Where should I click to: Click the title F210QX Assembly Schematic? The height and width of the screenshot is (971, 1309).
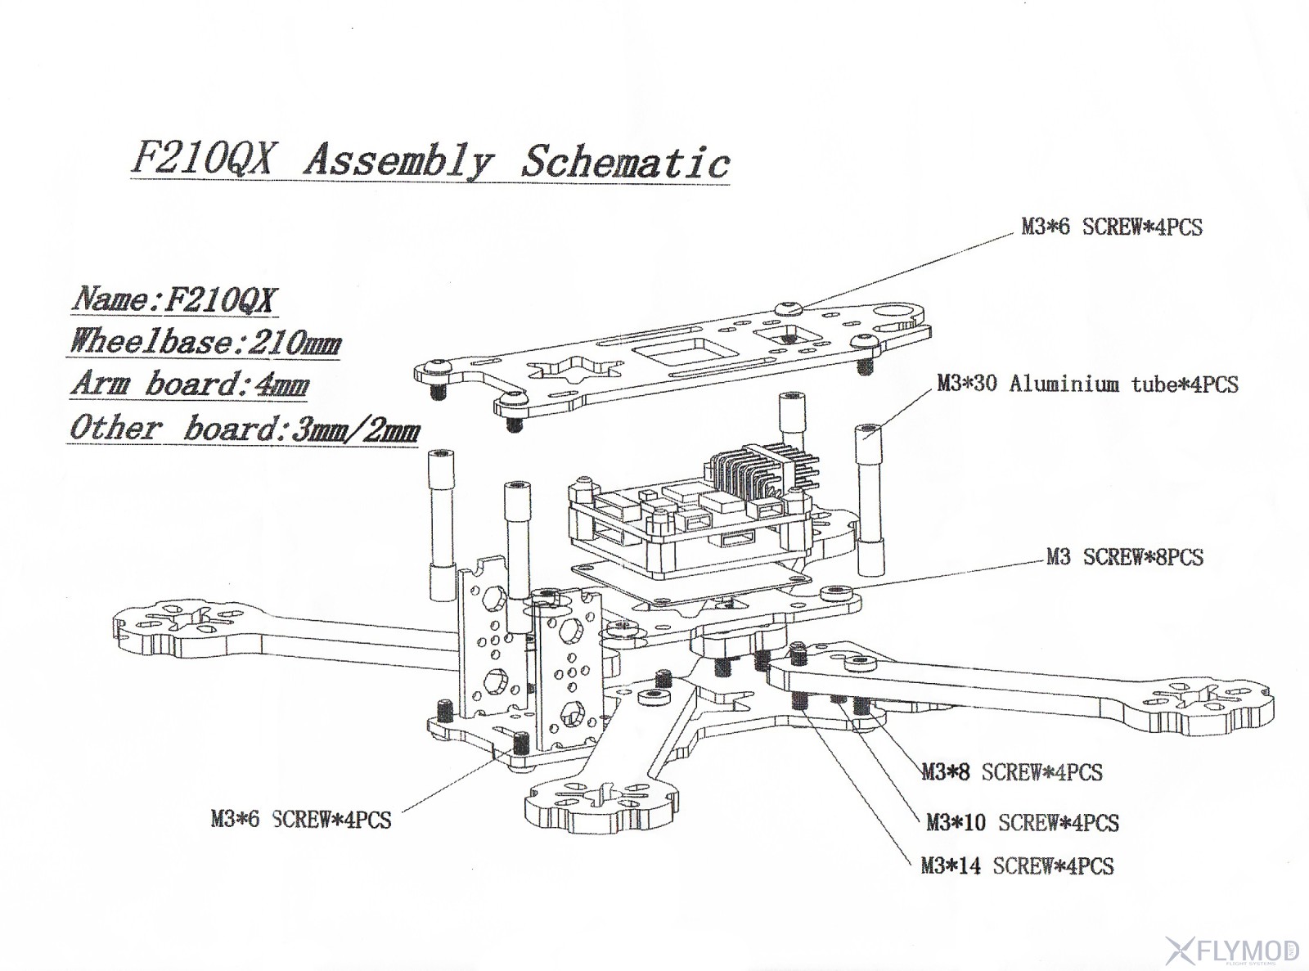coord(430,161)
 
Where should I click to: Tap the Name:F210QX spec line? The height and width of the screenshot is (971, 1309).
coord(173,299)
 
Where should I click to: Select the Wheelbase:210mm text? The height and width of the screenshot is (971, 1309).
coord(205,341)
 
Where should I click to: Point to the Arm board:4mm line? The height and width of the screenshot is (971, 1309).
coord(190,384)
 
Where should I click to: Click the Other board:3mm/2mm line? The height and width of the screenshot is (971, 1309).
coord(244,429)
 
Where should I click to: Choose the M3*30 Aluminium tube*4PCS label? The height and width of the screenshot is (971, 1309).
coord(1087,384)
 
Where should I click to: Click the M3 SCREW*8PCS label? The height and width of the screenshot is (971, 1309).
coord(1125,558)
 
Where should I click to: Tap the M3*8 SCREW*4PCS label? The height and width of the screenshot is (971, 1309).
coord(1012,772)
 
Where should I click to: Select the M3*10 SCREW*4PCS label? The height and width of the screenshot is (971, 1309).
coord(1022,822)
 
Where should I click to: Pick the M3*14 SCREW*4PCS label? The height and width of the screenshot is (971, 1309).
coord(1017,865)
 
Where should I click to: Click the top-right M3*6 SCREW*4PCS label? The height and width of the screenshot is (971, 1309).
coord(1112,227)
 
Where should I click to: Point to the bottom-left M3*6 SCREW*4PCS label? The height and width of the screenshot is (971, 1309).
coord(301,819)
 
